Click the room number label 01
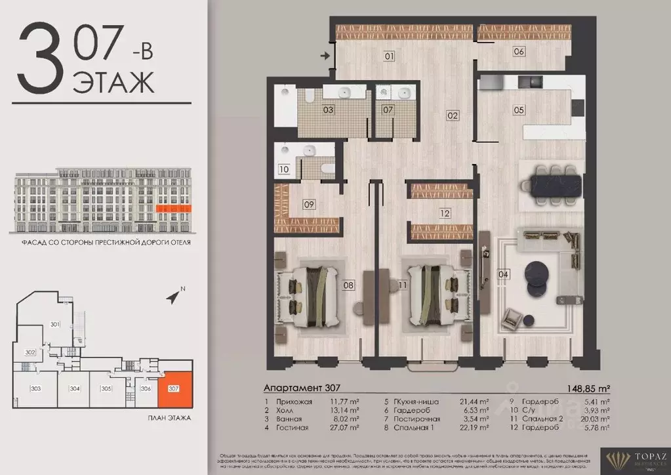pyautogui.click(x=389, y=56)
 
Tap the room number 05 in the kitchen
pyautogui.click(x=519, y=110)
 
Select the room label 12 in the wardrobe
pyautogui.click(x=445, y=213)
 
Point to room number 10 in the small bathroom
pyautogui.click(x=283, y=169)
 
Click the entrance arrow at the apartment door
pyautogui.click(x=325, y=56)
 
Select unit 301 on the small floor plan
pyautogui.click(x=55, y=324)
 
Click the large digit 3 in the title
pyautogui.click(x=39, y=60)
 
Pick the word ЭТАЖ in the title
pyautogui.click(x=113, y=82)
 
